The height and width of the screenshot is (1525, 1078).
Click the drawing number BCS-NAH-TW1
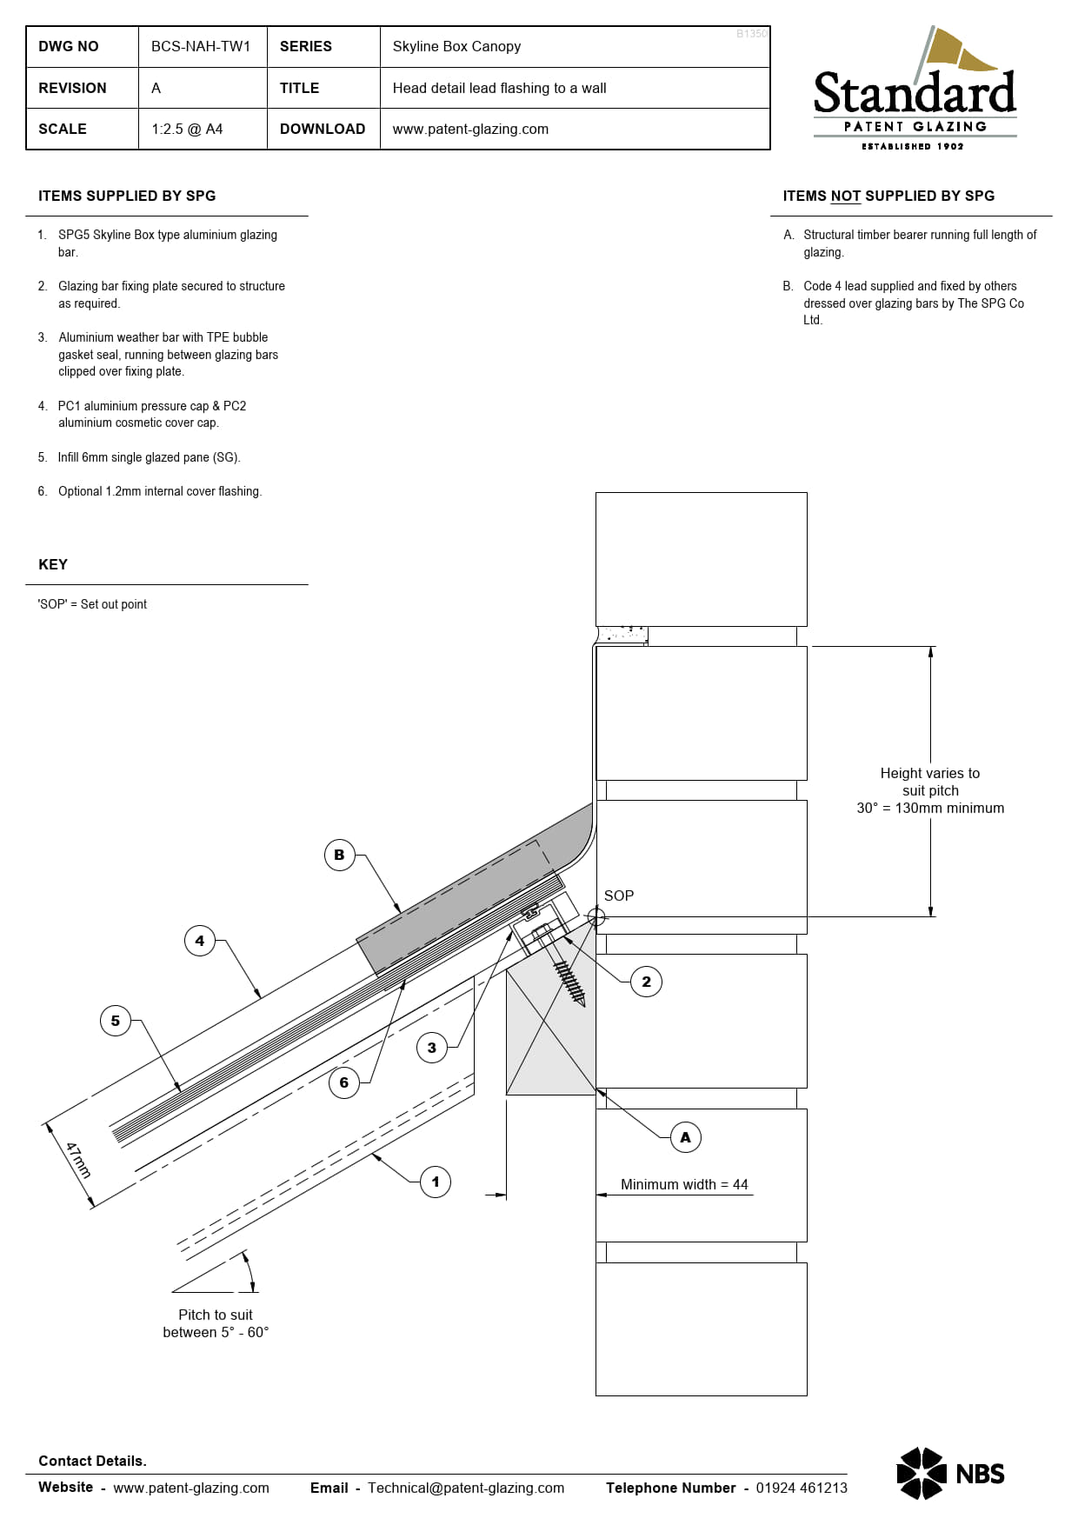(201, 46)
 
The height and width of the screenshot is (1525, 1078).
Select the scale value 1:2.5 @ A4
(187, 129)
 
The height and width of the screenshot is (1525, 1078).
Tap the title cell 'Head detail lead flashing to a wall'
(499, 88)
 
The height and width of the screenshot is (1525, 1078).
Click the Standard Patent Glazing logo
(915, 90)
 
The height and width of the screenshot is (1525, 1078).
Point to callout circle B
(339, 855)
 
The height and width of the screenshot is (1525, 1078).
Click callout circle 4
(200, 941)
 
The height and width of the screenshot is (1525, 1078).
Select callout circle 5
(116, 1021)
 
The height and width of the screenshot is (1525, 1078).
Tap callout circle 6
(344, 1082)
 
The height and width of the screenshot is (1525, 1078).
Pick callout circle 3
(432, 1048)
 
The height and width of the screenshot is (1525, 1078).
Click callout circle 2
(646, 982)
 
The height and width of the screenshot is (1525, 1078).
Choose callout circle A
(685, 1137)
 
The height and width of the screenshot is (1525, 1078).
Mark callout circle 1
(436, 1182)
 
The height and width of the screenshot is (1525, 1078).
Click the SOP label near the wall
(619, 896)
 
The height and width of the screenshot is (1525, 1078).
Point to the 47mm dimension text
(78, 1161)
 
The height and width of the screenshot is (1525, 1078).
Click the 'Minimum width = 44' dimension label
(684, 1184)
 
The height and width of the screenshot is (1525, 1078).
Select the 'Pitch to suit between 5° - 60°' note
(216, 1323)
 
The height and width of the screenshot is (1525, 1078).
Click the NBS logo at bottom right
(950, 1474)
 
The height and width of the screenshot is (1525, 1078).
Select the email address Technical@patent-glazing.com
(466, 1488)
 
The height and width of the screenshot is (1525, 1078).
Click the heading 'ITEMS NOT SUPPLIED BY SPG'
(888, 196)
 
